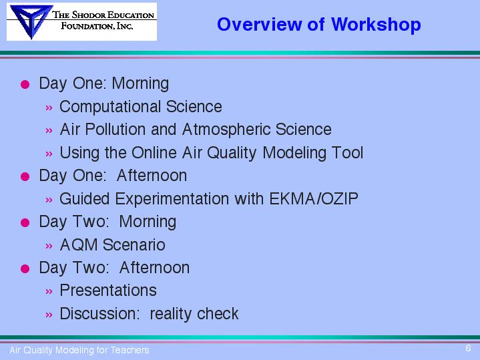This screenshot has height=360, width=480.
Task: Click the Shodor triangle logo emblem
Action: point(31,21)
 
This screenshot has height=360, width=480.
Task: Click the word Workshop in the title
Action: point(376,25)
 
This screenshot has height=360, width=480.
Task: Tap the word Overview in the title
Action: point(259,24)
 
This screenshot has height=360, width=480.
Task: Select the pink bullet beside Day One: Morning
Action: point(25,84)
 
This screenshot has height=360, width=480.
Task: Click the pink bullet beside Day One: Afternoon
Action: point(25,176)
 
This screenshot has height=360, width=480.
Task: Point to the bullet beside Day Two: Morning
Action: point(25,222)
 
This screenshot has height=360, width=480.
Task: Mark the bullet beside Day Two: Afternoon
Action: point(25,268)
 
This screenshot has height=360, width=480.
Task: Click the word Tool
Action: point(348,152)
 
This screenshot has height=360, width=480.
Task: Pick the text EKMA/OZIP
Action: point(314,198)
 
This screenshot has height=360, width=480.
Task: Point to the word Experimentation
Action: point(172,199)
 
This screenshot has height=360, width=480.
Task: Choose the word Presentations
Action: point(108,291)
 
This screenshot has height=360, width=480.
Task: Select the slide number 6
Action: point(468,348)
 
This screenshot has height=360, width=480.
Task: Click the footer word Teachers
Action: point(130,350)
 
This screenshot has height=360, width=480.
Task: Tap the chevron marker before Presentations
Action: point(49,291)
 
